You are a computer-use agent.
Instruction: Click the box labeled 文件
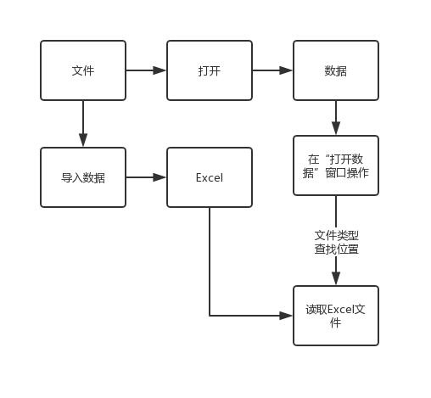(83, 70)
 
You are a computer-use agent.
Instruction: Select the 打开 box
(210, 70)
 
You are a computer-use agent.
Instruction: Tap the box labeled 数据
(336, 70)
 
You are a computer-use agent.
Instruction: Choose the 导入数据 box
(83, 177)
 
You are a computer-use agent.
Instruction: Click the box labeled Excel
(210, 177)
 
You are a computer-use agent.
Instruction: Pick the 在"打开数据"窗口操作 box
(336, 165)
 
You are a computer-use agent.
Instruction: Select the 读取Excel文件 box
(336, 316)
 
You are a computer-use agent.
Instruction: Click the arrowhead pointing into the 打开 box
(160, 70)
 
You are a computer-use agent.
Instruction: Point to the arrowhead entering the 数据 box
(286, 70)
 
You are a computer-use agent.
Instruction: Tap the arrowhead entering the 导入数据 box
(83, 140)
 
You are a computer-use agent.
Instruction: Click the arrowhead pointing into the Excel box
(160, 177)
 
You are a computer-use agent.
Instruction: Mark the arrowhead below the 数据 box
(336, 128)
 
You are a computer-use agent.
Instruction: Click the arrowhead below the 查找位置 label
(336, 278)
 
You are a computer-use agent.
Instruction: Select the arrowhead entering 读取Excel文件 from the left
(286, 316)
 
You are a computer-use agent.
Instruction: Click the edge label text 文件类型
(337, 235)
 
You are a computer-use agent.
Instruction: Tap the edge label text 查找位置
(337, 249)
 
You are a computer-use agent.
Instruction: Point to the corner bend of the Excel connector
(210, 316)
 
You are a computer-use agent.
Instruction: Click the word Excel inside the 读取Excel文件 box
(341, 309)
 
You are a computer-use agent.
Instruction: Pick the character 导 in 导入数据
(66, 177)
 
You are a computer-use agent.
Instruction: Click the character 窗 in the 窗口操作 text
(331, 172)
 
